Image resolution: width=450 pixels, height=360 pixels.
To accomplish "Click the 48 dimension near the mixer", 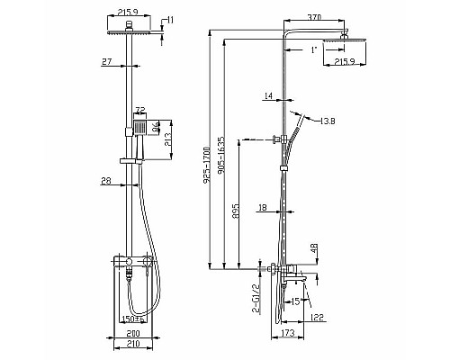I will (314, 248).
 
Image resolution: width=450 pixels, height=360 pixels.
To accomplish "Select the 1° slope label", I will (314, 50).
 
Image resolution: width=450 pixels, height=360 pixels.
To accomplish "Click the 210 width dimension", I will (133, 344).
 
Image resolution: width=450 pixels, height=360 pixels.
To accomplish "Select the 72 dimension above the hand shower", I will (139, 110).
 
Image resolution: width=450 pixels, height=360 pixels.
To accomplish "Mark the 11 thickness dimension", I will (171, 19).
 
